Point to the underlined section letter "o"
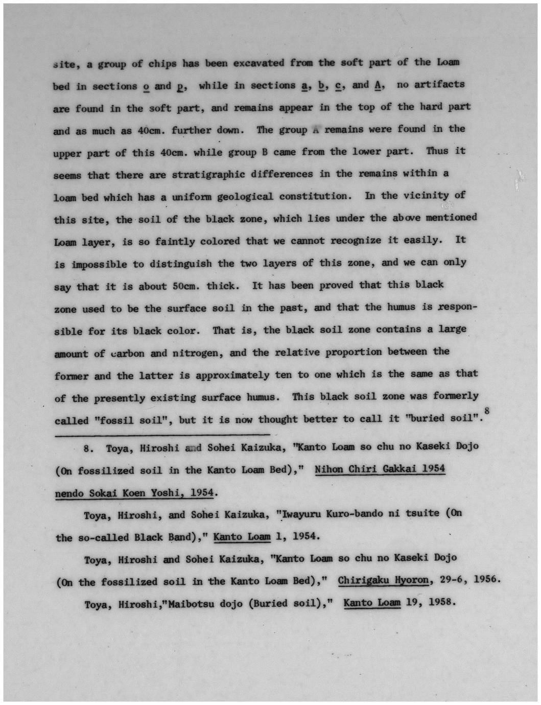pos(146,86)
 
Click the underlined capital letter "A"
pos(378,85)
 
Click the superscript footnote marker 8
pos(487,410)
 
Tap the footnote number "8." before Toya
pos(88,449)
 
